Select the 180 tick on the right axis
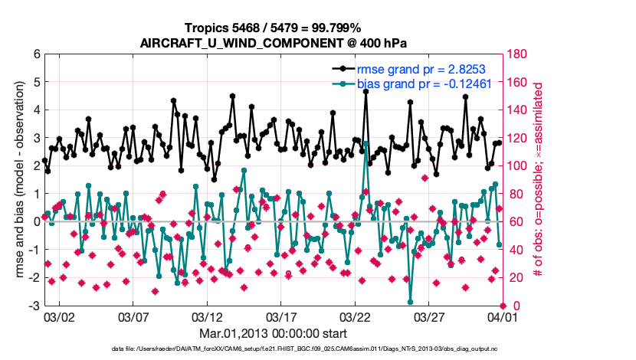click(515, 54)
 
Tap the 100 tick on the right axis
click(515, 166)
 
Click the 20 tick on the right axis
click(512, 278)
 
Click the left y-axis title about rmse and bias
click(18, 180)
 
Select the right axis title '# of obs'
click(538, 180)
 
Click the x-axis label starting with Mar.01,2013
click(274, 334)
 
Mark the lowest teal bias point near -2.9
click(411, 302)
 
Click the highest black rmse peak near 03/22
click(366, 91)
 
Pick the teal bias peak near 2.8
click(366, 143)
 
